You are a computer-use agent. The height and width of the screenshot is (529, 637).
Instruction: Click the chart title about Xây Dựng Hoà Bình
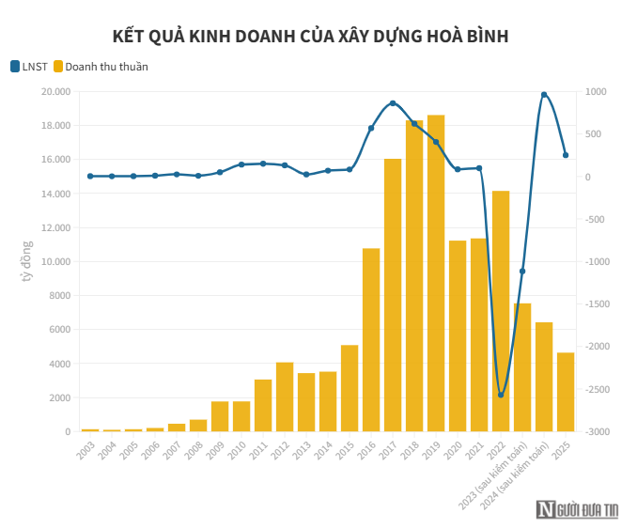click(310, 37)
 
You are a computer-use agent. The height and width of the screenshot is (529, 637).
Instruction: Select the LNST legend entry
click(29, 67)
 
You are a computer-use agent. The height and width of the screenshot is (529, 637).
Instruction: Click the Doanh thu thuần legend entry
click(101, 67)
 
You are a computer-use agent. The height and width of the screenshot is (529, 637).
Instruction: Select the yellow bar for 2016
click(371, 339)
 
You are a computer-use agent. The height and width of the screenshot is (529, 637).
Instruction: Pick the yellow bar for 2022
click(501, 311)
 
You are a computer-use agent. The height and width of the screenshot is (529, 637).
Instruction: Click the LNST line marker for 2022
click(501, 395)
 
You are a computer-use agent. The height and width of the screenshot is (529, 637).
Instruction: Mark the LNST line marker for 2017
click(393, 103)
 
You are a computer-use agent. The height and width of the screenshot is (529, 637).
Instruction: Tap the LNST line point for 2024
click(544, 95)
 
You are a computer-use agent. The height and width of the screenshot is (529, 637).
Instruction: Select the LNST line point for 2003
click(90, 176)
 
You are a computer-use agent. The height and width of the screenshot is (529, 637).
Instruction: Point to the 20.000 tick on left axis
click(54, 92)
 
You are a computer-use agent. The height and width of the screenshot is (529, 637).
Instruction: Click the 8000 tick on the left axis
click(57, 296)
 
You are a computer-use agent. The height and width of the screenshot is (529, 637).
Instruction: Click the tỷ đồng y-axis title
click(27, 261)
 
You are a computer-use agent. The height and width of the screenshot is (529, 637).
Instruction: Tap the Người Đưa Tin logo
click(578, 510)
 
